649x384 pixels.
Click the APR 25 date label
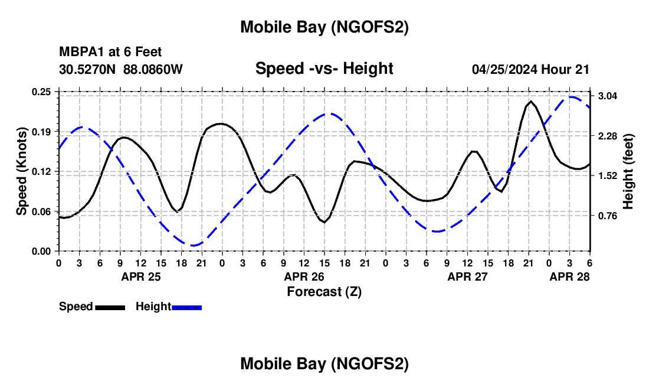pyautogui.click(x=140, y=276)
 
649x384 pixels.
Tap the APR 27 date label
pyautogui.click(x=467, y=276)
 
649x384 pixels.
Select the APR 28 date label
pyautogui.click(x=569, y=276)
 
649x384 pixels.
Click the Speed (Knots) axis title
pyautogui.click(x=22, y=171)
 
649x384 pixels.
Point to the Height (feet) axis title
pyautogui.click(x=628, y=171)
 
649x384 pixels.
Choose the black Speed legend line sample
pyautogui.click(x=109, y=307)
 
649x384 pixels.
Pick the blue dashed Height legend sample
pyautogui.click(x=186, y=307)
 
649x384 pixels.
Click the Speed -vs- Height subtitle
pyautogui.click(x=324, y=69)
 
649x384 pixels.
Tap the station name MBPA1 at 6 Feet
pyautogui.click(x=110, y=52)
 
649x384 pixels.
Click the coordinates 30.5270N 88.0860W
pyautogui.click(x=121, y=69)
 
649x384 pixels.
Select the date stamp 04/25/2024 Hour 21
pyautogui.click(x=530, y=69)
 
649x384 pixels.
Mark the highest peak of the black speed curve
pyautogui.click(x=531, y=102)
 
